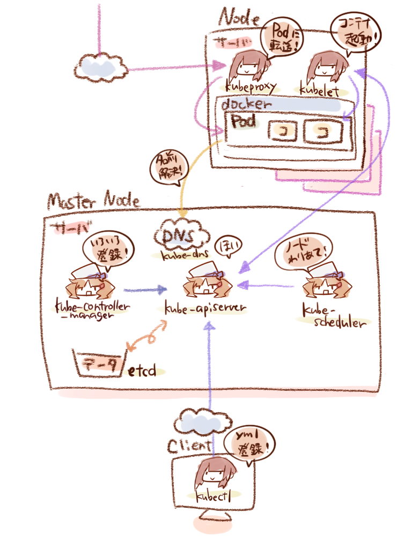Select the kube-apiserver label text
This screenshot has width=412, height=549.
(x=204, y=309)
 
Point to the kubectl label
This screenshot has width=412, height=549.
(x=213, y=496)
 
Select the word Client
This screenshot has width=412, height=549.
(x=190, y=446)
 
